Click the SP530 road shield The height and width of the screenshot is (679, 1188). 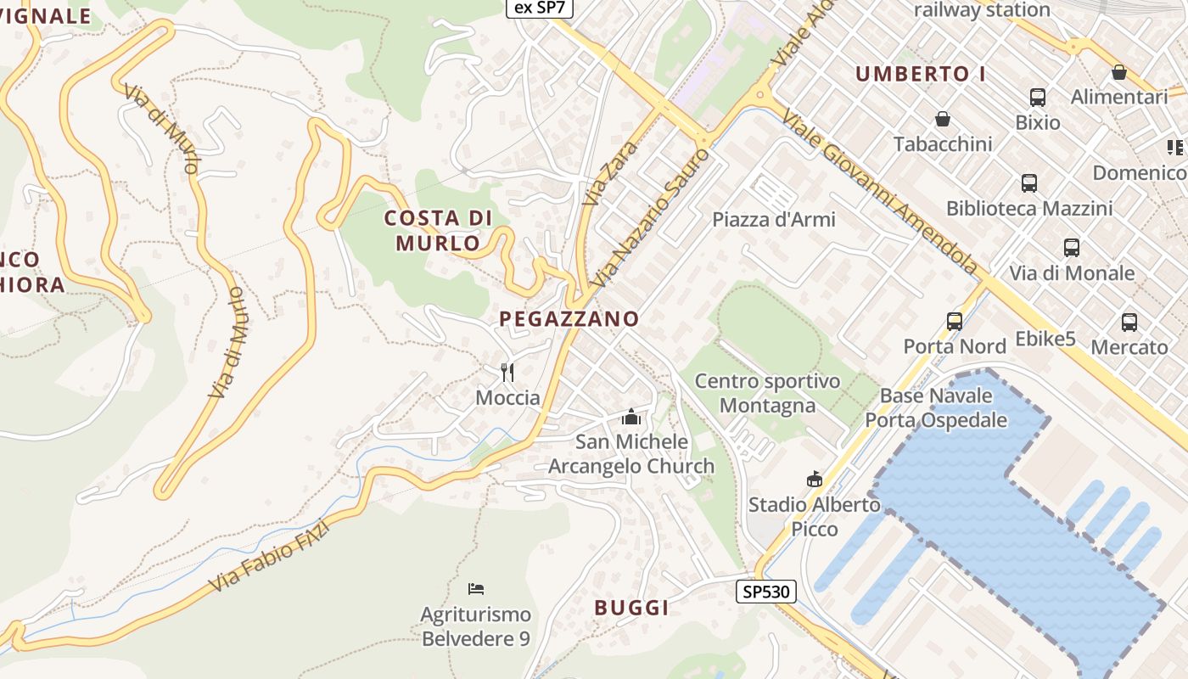click(765, 592)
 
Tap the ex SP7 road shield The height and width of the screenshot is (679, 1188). click(541, 8)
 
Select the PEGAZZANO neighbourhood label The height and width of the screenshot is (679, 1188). click(569, 319)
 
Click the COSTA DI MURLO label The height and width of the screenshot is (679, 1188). click(438, 231)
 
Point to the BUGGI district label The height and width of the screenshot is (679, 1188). click(631, 608)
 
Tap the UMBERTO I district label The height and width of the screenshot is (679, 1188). click(921, 74)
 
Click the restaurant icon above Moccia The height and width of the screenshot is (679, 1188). click(507, 372)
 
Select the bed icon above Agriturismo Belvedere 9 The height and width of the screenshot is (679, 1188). click(476, 588)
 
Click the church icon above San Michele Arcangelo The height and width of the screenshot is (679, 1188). click(630, 417)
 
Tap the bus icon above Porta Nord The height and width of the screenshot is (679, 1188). click(955, 322)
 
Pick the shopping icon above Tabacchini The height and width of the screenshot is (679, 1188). click(942, 119)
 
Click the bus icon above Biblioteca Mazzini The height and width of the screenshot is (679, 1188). click(1029, 182)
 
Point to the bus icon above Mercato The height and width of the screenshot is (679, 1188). click(1129, 323)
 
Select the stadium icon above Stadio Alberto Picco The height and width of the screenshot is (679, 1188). click(815, 480)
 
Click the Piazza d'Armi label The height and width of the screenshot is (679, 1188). click(774, 220)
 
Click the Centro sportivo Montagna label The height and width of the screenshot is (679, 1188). click(767, 393)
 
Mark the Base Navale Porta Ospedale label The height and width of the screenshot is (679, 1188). click(936, 407)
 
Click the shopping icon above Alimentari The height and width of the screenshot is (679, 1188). click(1119, 72)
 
